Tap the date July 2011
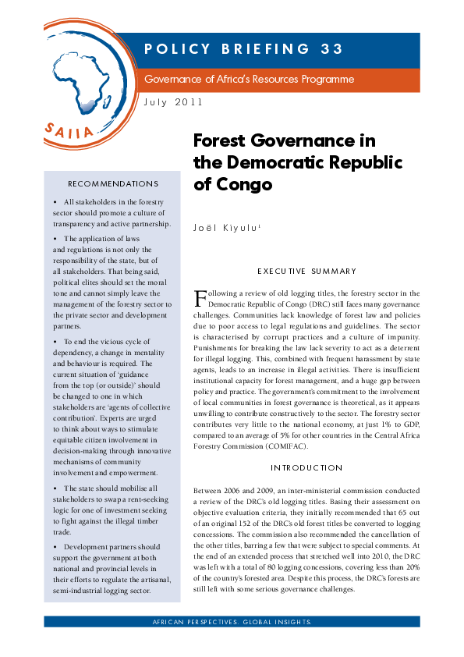click(173, 102)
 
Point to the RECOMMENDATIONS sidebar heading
click(113, 184)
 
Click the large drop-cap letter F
click(200, 298)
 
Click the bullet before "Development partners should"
click(55, 547)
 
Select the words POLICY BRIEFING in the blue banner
click(227, 49)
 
